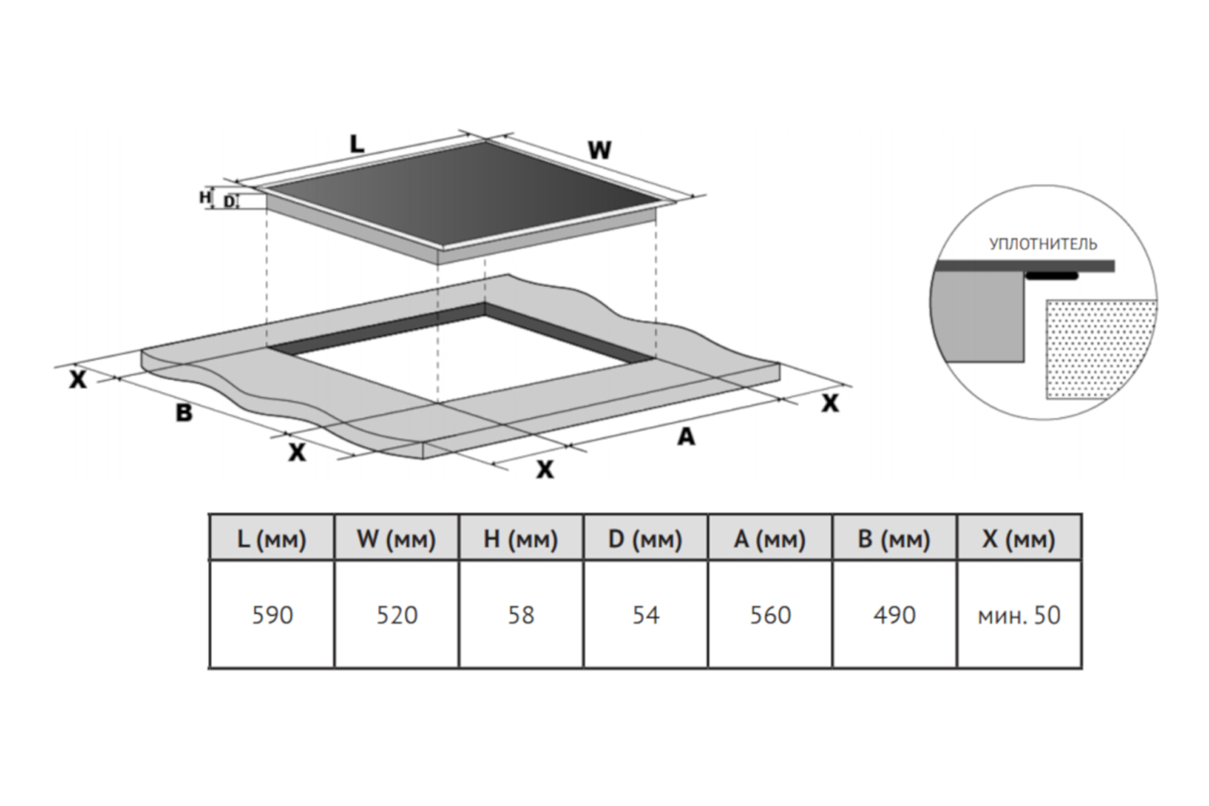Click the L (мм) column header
272,538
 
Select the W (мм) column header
397,538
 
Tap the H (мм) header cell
521,538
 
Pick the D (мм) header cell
645,538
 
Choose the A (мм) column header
770,538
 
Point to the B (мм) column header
894,538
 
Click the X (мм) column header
1019,538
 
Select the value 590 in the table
272,615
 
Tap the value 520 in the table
397,615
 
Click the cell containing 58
521,615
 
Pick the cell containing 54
645,615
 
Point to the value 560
770,615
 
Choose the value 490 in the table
894,615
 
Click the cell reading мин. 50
1019,615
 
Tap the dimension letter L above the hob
356,144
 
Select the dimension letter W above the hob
599,151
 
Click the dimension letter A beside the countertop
685,437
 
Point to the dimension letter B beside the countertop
184,413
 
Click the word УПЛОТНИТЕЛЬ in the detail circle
1042,243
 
